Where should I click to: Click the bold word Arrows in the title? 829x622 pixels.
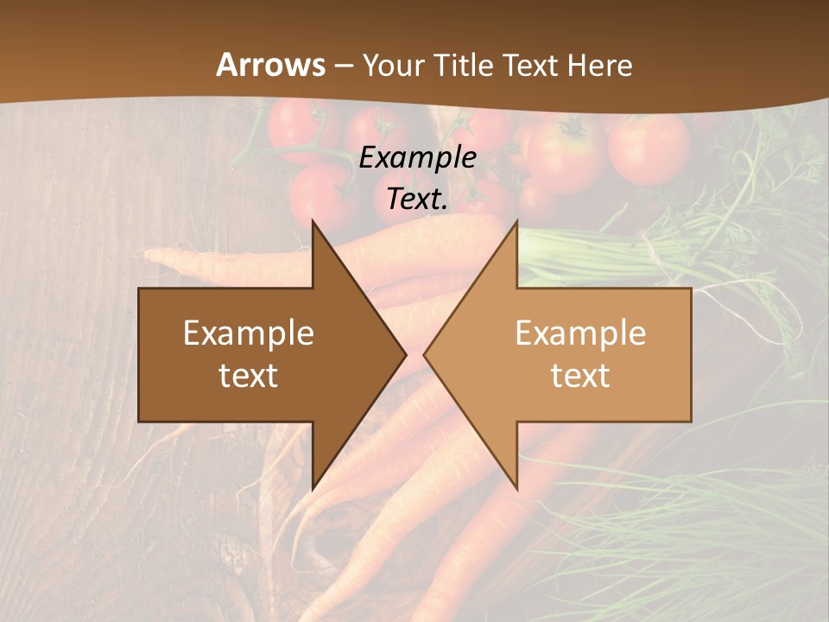(x=271, y=65)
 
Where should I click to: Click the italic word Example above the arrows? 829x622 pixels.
(x=418, y=158)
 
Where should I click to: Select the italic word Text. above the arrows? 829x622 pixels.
(x=418, y=200)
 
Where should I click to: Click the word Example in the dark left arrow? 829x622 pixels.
(x=249, y=333)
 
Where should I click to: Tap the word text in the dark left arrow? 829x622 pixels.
(x=249, y=375)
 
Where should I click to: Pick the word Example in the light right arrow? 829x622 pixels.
(x=580, y=333)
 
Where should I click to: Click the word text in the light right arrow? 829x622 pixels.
(x=580, y=375)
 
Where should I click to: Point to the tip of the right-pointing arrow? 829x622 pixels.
(x=406, y=354)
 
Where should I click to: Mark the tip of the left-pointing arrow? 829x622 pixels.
(x=424, y=354)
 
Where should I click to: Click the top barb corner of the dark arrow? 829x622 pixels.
(x=313, y=220)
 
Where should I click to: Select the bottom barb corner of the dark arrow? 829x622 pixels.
(x=313, y=490)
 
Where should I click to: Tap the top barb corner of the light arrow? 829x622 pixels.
(x=517, y=220)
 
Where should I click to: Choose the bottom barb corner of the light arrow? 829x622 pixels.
(x=517, y=490)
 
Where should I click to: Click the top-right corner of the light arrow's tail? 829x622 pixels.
(x=691, y=289)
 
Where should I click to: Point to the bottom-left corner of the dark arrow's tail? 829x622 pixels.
(x=139, y=422)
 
